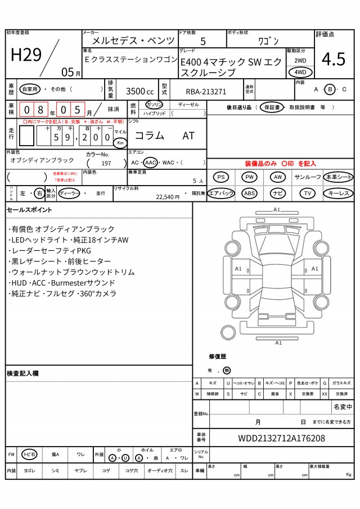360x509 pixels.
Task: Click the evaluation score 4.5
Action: click(334, 59)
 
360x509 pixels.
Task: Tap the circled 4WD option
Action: click(300, 72)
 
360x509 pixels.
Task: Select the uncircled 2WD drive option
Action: click(300, 60)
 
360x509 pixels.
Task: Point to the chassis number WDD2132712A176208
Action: click(281, 438)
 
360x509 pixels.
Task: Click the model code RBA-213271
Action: click(206, 92)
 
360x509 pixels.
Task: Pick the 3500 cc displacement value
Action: click(139, 91)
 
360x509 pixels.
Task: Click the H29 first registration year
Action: click(26, 55)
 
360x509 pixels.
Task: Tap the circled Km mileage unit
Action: click(120, 143)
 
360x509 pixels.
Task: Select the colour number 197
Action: click(106, 163)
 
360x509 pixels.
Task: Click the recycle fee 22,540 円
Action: click(168, 197)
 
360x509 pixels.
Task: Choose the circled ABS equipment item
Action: click(249, 193)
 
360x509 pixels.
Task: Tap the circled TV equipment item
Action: click(308, 193)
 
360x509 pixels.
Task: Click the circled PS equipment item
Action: click(221, 177)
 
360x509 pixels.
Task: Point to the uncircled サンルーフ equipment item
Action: click(308, 177)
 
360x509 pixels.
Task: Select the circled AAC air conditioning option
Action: click(151, 163)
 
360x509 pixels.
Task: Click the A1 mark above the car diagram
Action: click(277, 210)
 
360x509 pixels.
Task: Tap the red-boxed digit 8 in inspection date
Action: click(40, 110)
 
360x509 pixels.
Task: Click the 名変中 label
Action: click(343, 407)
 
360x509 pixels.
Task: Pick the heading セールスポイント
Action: click(29, 210)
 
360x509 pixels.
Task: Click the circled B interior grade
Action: click(330, 89)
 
